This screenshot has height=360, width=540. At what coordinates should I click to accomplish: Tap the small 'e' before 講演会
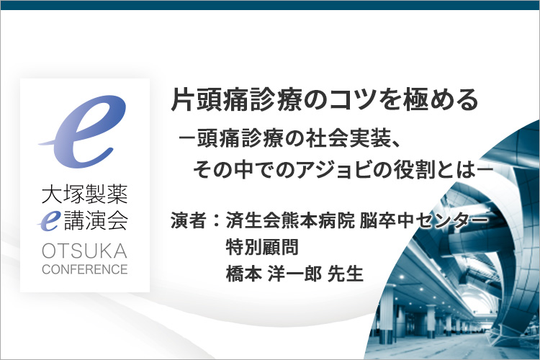[x=48, y=221]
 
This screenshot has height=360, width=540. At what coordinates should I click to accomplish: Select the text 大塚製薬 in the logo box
[x=85, y=194]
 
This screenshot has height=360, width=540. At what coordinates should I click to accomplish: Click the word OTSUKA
[x=85, y=251]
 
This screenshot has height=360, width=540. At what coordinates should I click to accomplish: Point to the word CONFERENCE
[x=85, y=269]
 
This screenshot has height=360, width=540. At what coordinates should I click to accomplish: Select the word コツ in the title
[x=356, y=100]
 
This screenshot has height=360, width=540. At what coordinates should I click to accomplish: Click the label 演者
[x=189, y=220]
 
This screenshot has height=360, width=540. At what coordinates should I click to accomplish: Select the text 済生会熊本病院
[x=290, y=220]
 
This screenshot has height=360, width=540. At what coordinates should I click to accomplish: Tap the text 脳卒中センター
[x=423, y=220]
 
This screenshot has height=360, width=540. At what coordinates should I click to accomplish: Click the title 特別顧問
[x=262, y=247]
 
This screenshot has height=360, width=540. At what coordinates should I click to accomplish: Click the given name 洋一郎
[x=294, y=274]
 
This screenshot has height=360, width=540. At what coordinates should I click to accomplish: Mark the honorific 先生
[x=346, y=274]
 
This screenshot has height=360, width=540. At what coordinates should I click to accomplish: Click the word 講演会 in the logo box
[x=96, y=221]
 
